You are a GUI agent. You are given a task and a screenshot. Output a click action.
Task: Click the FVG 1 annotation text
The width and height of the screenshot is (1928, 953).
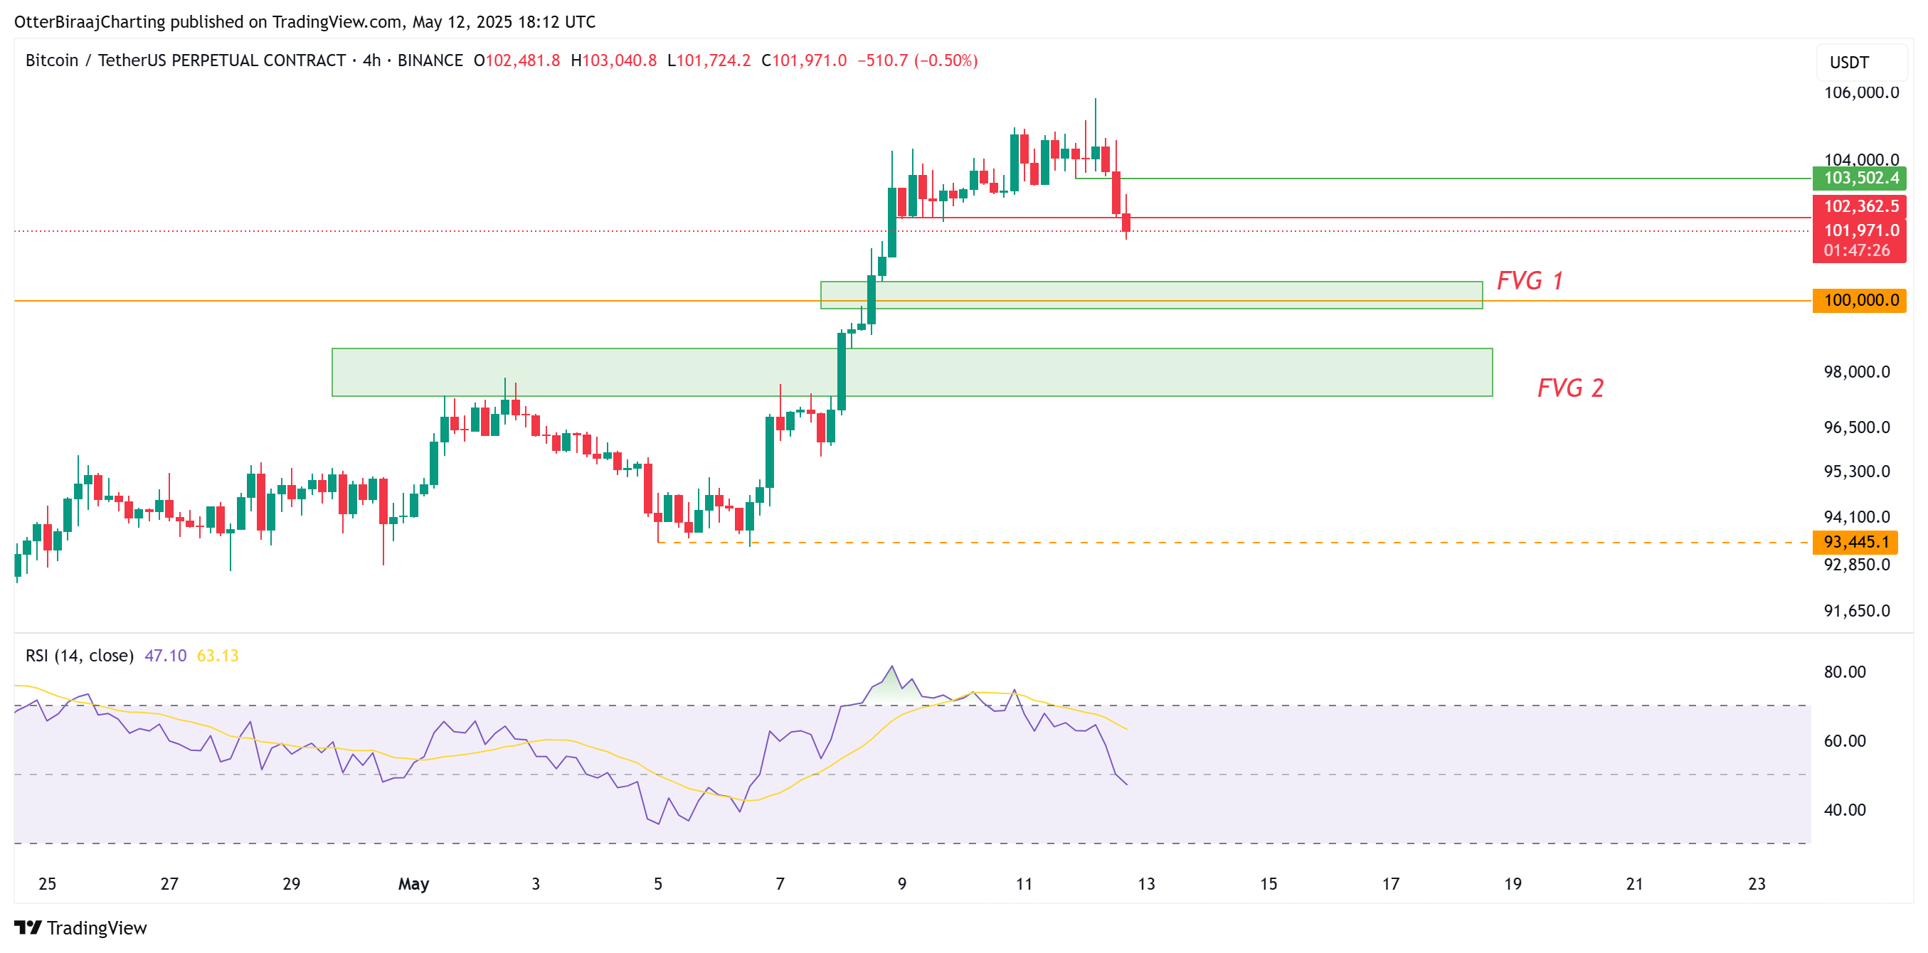tap(1529, 280)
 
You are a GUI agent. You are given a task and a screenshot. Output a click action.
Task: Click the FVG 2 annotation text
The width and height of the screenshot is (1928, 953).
tap(1569, 388)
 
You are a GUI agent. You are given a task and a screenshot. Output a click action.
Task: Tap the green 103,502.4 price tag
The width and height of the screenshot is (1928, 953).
tap(1860, 178)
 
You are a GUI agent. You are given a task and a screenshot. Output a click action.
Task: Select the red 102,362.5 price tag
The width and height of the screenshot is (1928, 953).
tap(1860, 206)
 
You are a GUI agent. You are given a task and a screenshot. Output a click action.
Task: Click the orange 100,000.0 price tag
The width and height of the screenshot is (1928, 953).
tap(1860, 301)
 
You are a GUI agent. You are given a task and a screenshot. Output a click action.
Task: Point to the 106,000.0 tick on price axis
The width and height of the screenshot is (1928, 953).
tap(1860, 92)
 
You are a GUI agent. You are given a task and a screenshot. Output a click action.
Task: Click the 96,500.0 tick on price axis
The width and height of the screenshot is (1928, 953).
tap(1856, 427)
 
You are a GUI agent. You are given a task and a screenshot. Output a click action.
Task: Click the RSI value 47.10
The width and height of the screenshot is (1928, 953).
tap(164, 656)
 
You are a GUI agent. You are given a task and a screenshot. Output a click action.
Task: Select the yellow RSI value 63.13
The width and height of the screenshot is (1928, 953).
tap(217, 656)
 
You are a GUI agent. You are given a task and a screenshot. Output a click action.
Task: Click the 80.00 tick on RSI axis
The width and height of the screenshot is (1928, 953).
tap(1844, 672)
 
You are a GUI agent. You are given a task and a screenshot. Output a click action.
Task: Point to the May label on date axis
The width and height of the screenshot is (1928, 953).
tap(413, 884)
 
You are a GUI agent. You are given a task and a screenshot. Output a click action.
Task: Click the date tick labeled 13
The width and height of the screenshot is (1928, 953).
tap(1146, 884)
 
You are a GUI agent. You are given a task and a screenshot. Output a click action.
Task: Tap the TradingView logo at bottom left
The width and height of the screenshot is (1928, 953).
tap(80, 928)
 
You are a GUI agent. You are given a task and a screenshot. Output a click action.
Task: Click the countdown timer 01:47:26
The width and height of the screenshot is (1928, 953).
tap(1856, 250)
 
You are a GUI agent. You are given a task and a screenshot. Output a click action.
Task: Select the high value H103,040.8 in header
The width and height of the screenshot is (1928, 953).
tap(613, 60)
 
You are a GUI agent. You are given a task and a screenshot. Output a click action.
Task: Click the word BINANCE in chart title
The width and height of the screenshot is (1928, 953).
tap(430, 60)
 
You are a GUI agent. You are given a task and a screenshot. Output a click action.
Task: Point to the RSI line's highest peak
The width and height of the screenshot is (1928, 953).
tap(891, 666)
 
